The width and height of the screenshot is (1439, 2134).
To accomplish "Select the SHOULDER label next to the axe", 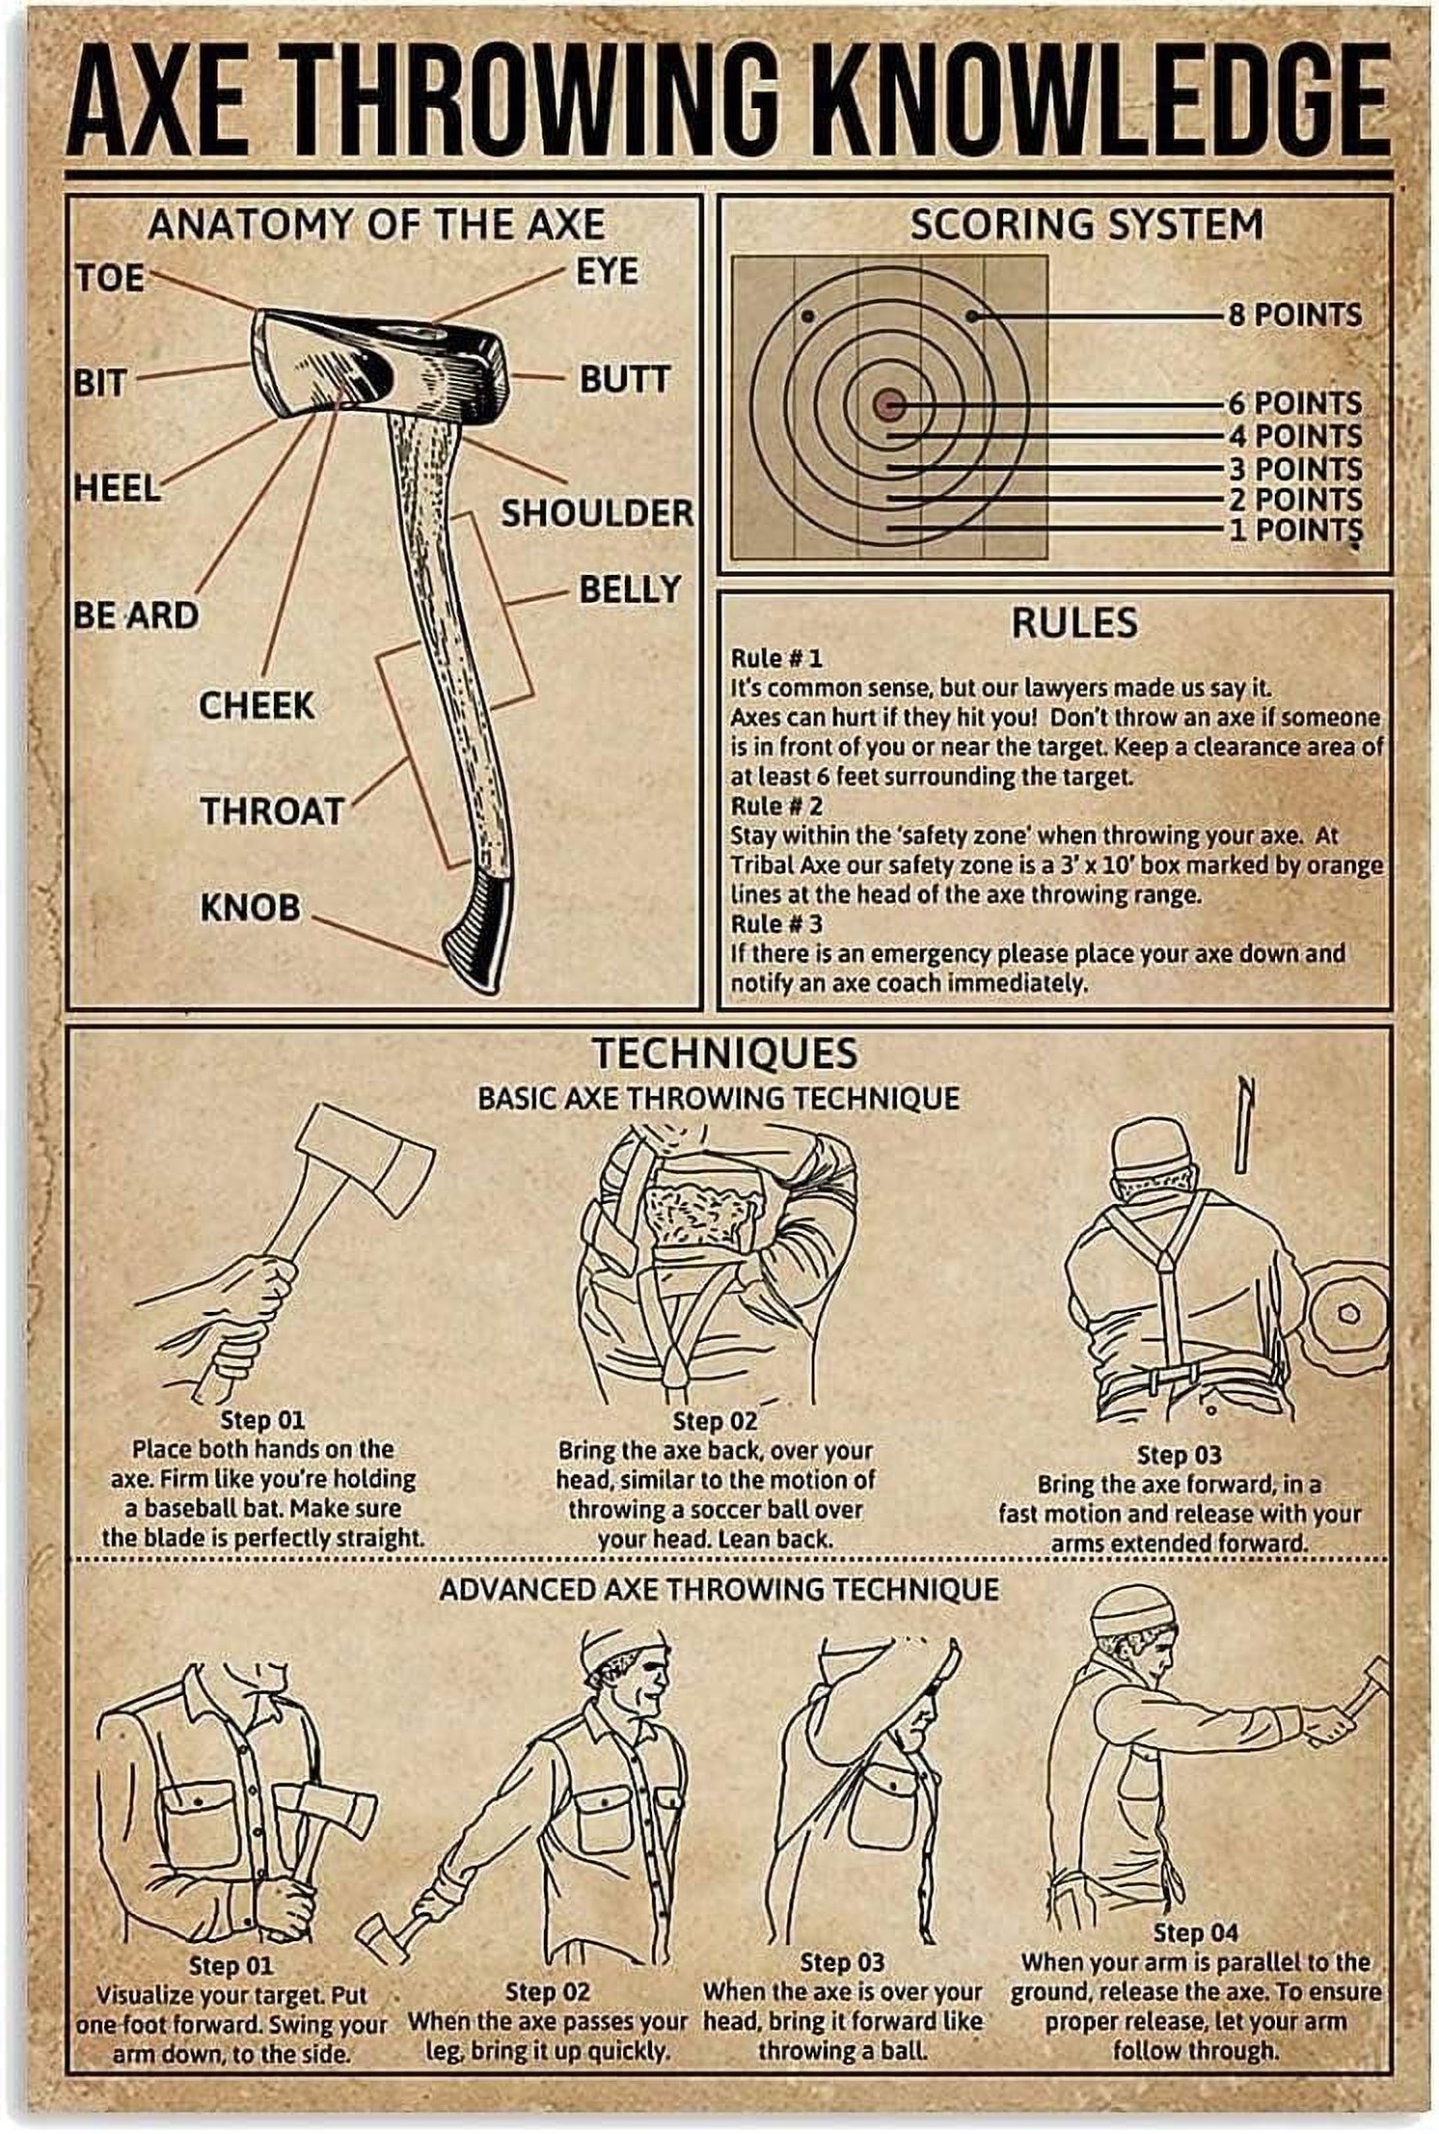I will [595, 512].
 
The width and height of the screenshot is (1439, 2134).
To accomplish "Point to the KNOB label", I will [250, 907].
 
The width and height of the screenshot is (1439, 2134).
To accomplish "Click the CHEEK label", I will [257, 705].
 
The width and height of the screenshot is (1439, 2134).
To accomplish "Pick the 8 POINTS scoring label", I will [1294, 315].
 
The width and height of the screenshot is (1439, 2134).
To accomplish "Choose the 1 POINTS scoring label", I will [1294, 529].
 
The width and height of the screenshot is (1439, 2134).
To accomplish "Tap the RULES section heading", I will [1073, 622].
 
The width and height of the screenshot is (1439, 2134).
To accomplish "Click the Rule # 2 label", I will [776, 805].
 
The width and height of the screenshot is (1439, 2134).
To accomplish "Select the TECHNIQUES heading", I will [724, 1053].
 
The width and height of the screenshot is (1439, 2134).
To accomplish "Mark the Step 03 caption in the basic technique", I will [1179, 1454].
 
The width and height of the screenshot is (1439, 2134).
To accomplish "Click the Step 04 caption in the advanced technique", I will [1195, 1905].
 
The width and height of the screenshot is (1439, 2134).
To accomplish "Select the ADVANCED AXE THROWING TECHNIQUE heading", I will [719, 1588].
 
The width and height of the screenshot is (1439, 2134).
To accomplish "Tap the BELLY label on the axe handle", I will [629, 588].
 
